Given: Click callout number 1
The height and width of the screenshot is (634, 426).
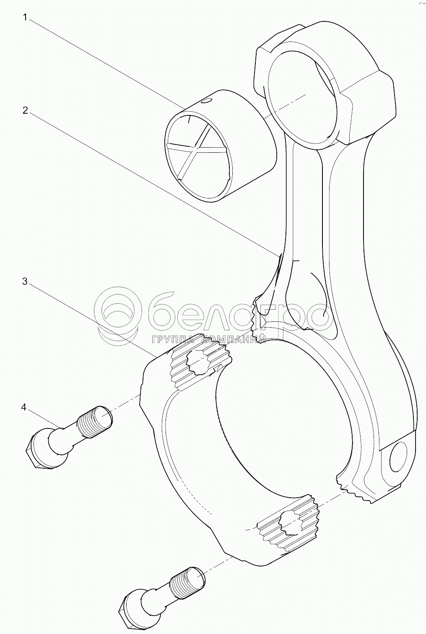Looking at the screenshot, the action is tap(25, 18).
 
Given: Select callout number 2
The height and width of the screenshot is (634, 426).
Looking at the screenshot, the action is tap(26, 111).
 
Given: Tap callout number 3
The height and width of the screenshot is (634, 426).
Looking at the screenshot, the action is tap(25, 282).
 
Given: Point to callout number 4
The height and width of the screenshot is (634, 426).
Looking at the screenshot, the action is tap(24, 408).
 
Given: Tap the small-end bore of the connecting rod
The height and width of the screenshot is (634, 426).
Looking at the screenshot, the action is tap(303, 99).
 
